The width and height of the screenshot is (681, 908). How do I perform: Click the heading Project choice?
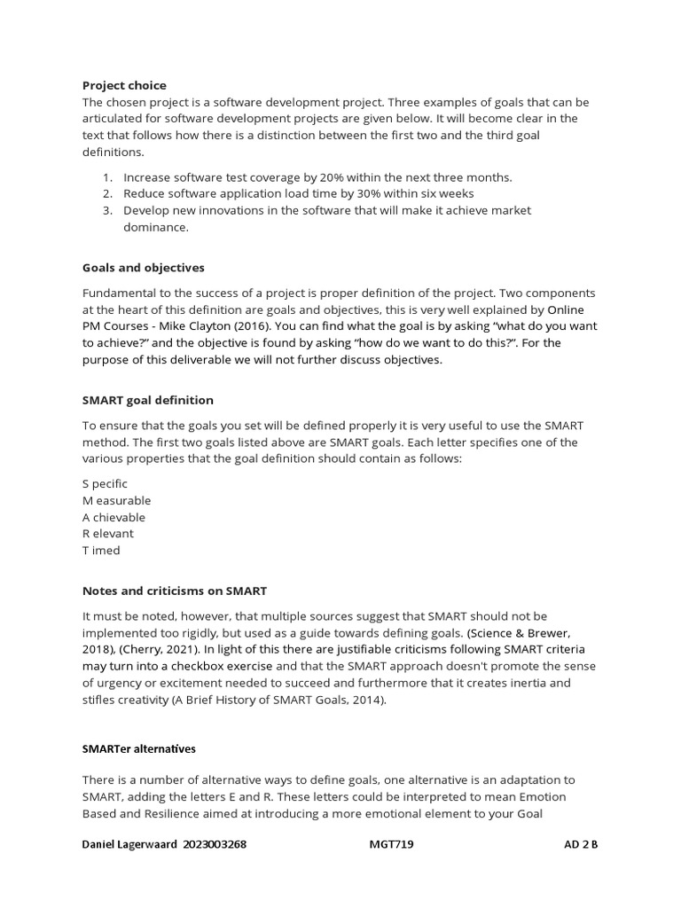(123, 85)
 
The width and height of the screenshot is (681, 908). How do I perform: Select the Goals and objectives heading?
(143, 267)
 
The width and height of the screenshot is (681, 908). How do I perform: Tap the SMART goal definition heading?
(147, 400)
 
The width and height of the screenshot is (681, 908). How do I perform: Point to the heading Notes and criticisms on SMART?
(174, 590)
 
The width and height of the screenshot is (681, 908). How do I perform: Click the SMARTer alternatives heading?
(138, 748)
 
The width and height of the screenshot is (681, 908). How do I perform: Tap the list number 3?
(106, 210)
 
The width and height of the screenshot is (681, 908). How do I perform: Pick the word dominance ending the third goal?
(155, 227)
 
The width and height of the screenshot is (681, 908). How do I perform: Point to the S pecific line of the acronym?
(105, 483)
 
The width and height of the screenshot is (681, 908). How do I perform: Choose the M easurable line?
(116, 500)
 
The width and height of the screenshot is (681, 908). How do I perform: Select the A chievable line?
(113, 517)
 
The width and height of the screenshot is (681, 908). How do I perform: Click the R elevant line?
(108, 534)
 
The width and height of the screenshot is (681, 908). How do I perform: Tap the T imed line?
(101, 551)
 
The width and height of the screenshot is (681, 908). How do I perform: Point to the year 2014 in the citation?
(368, 700)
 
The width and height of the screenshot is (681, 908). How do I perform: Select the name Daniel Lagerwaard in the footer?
(130, 844)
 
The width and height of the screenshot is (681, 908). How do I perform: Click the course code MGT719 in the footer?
(391, 844)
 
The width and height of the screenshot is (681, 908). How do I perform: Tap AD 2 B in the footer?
(581, 844)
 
